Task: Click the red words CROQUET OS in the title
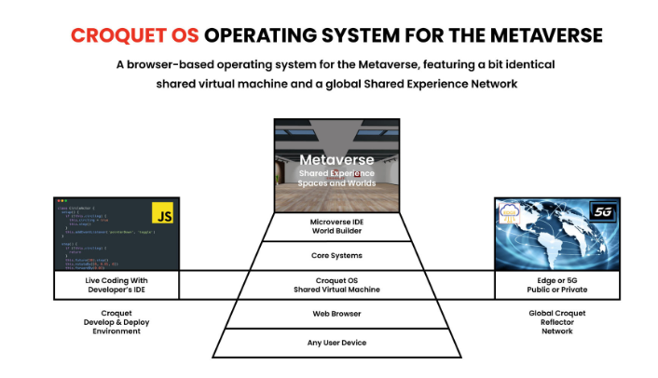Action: pos(134,36)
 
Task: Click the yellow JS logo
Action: pos(165,216)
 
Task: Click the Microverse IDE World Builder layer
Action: pos(336,227)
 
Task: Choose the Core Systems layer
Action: pos(336,254)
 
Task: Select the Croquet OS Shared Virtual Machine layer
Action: pos(336,284)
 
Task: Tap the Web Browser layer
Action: pos(336,314)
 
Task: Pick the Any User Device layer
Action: pos(336,342)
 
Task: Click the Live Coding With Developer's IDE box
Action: pos(117,284)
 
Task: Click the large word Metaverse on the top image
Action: pos(336,159)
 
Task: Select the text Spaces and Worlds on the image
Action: pos(336,183)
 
